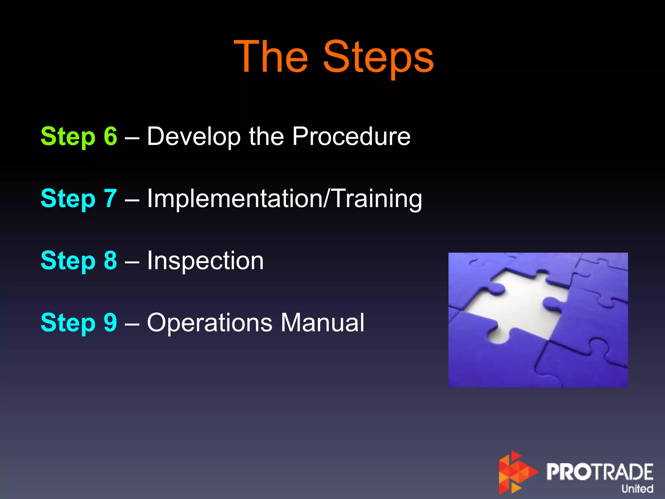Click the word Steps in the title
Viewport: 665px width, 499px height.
378,58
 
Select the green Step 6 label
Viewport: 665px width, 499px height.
79,136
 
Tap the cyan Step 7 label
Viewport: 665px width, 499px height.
79,198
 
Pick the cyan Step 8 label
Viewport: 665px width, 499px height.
79,261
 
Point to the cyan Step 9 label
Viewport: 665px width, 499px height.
79,323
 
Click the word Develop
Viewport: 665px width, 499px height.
194,136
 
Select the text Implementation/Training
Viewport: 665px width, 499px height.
284,198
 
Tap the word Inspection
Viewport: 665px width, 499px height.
205,261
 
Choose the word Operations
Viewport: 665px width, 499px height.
209,323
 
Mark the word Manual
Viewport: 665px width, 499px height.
322,323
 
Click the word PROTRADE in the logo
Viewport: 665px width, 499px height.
600,472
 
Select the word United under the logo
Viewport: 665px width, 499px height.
637,489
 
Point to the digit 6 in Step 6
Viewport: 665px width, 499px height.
110,136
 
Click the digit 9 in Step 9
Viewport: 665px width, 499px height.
110,323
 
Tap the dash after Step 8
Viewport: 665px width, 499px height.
132,261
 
